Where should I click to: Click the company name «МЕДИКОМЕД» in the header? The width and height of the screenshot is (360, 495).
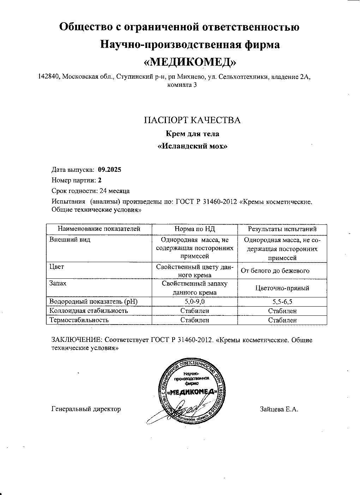pos(190,62)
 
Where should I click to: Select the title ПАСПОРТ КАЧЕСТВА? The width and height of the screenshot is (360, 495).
pos(192,120)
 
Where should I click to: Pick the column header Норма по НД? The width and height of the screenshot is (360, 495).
pos(194,229)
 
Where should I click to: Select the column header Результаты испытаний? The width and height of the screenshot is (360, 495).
pos(282,229)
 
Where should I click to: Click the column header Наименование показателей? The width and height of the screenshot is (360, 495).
pos(99,229)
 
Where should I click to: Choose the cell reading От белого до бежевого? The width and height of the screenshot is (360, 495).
pos(275,271)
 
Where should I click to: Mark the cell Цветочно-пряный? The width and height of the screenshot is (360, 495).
pos(282,288)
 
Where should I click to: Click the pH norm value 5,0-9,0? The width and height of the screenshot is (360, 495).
pos(194,302)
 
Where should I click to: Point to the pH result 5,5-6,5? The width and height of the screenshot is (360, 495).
pos(282,302)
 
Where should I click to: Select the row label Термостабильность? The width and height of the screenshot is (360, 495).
pos(79,320)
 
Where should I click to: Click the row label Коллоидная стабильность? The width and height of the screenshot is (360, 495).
pos(89,311)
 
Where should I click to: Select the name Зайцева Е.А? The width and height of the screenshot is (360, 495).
pos(279,409)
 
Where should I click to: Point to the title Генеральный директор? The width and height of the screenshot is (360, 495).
pos(86,409)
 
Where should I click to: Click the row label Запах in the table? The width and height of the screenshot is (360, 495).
pos(58,284)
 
